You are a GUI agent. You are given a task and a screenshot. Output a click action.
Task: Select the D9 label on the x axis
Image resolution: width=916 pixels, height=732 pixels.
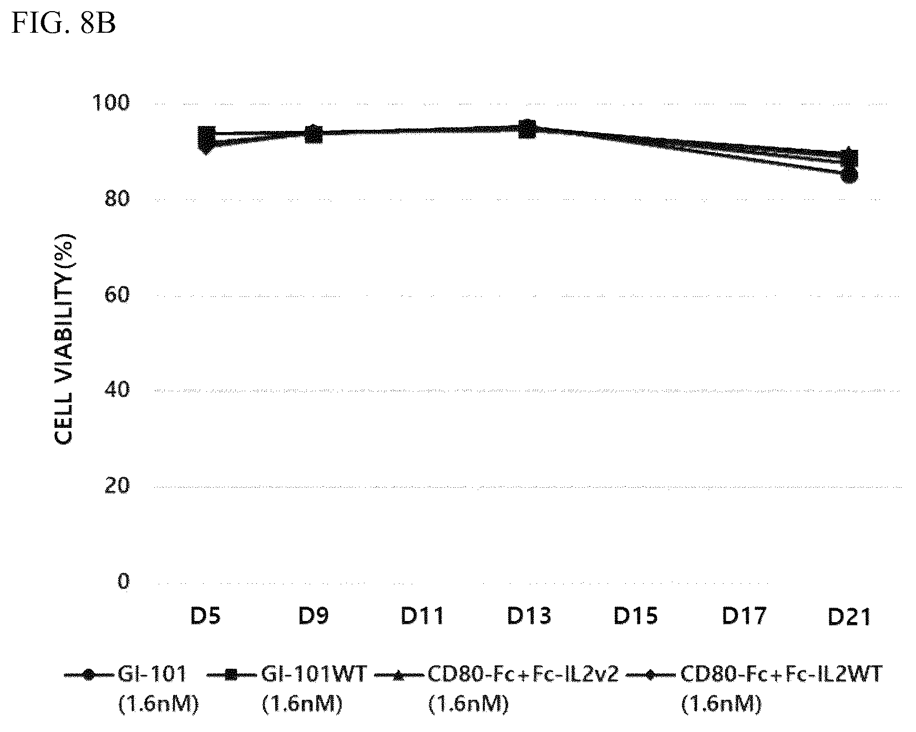pyautogui.click(x=313, y=616)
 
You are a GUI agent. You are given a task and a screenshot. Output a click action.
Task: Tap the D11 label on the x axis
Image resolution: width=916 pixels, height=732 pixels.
pyautogui.click(x=422, y=616)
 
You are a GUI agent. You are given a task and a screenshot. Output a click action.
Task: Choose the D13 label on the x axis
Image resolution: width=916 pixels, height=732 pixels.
pyautogui.click(x=529, y=616)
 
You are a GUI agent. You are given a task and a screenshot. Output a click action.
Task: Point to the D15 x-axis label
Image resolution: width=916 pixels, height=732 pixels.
pyautogui.click(x=636, y=616)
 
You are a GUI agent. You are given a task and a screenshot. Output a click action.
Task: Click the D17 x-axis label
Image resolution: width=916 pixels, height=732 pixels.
pyautogui.click(x=743, y=616)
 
